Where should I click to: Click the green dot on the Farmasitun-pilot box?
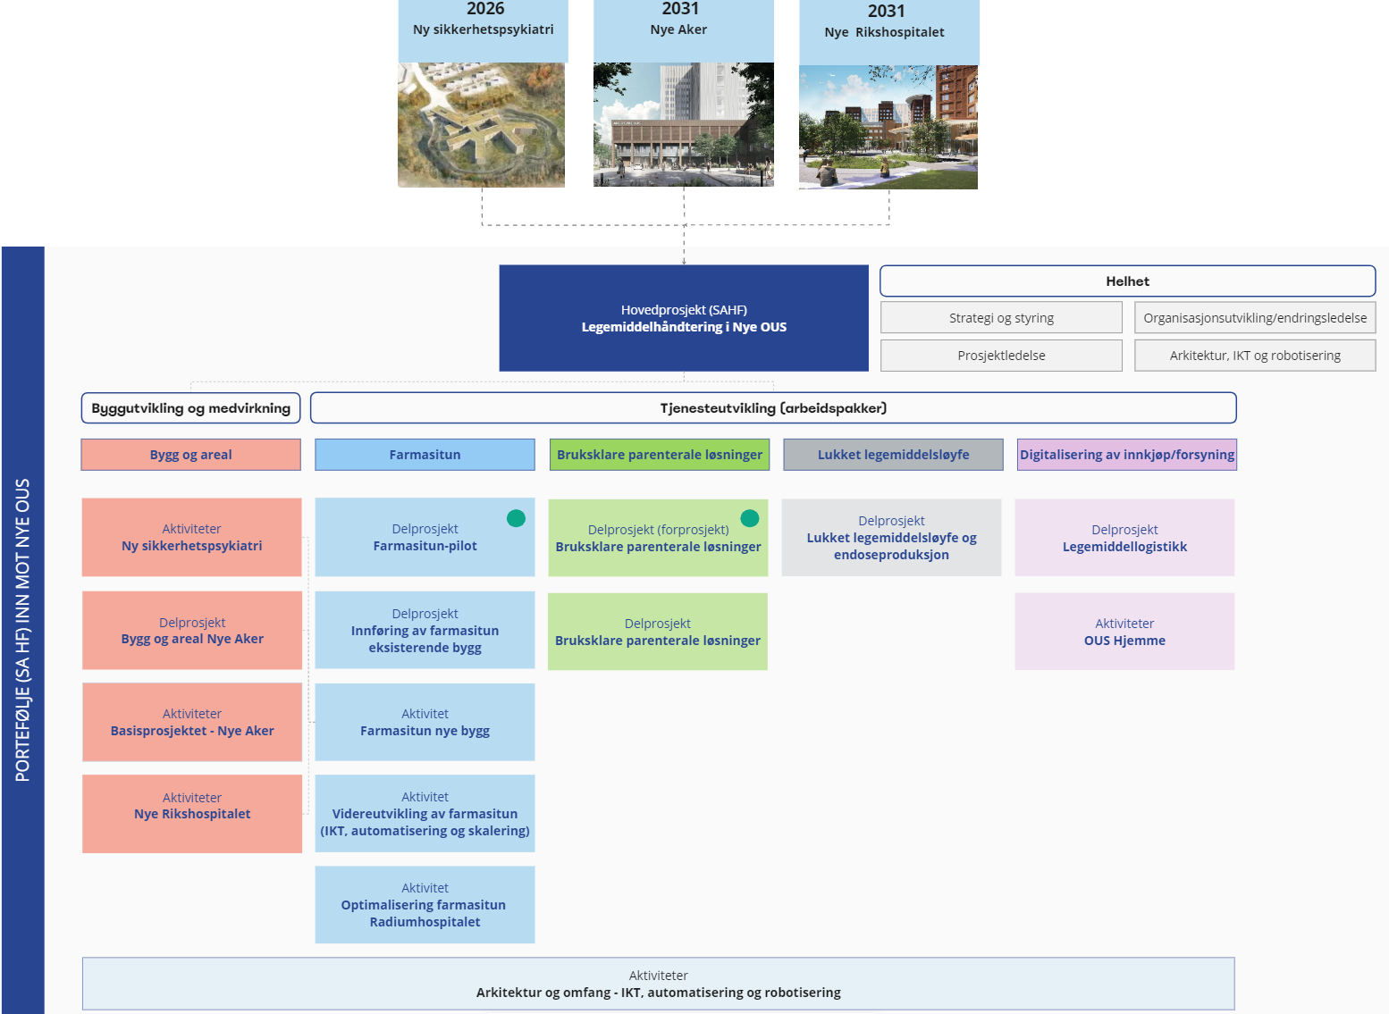point(516,518)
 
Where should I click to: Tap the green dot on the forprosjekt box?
point(750,518)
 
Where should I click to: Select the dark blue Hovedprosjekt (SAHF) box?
point(684,318)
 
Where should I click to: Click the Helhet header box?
point(1127,281)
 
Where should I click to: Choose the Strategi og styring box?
point(1001,318)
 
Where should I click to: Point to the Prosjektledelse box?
point(1001,356)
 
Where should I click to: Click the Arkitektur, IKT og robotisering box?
point(1255,356)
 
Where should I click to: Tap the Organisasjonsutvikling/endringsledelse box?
point(1255,318)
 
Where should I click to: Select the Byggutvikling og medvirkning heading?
point(191,408)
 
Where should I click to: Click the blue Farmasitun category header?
point(425,455)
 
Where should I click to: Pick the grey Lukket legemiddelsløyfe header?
point(893,455)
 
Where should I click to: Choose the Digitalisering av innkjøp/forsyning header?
point(1126,455)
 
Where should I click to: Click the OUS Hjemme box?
point(1124,632)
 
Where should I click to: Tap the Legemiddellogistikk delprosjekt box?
point(1124,538)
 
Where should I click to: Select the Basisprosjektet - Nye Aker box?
point(192,722)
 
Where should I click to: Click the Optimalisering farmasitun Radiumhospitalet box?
point(425,905)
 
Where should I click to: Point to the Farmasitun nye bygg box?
point(425,722)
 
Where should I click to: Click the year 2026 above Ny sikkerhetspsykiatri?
point(485,9)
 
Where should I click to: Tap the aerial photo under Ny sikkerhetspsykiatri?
point(481,125)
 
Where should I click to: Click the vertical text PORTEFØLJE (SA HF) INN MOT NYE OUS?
point(23,630)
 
